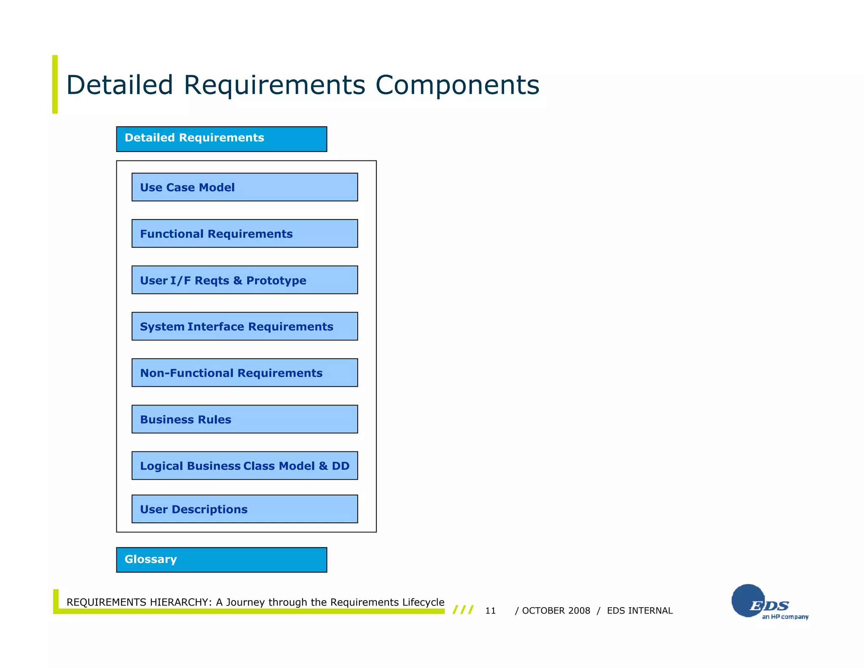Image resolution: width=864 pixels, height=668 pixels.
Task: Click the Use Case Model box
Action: [x=245, y=187]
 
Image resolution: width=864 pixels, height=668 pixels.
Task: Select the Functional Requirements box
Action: [x=245, y=234]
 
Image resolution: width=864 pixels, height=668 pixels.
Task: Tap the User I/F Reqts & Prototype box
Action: [x=245, y=280]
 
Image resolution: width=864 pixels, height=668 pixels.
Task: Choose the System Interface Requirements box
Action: [x=245, y=326]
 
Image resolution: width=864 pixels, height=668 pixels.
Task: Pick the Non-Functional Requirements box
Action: [x=245, y=373]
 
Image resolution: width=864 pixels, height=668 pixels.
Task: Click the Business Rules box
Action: [x=245, y=419]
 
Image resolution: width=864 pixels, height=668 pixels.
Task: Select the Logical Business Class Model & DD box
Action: [x=245, y=466]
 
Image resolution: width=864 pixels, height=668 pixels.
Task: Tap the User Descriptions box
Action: [x=245, y=509]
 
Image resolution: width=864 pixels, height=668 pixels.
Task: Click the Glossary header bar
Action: [x=221, y=560]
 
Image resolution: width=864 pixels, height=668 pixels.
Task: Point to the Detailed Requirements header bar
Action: [x=221, y=139]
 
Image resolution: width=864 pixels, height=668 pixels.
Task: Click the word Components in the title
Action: [x=457, y=85]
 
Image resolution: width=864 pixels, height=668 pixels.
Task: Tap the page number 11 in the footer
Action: [x=490, y=611]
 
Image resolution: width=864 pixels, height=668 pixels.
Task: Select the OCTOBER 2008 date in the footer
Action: [x=556, y=611]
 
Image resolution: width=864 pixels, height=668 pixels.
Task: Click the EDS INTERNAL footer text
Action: [x=640, y=611]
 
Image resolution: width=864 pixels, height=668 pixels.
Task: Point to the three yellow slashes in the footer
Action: [x=463, y=610]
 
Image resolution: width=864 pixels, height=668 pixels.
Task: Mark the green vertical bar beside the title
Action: [x=55, y=84]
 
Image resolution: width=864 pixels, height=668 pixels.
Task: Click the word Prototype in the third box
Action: [x=276, y=280]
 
